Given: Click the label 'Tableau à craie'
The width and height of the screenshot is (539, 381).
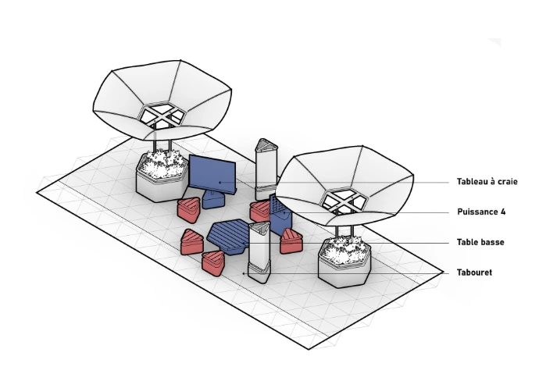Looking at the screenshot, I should point(487,182).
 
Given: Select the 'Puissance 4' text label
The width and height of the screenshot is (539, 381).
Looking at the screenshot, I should point(480,212).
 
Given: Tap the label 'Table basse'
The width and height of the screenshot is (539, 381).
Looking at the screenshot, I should point(480,242).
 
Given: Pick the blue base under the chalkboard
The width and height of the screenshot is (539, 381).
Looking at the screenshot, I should point(212,200).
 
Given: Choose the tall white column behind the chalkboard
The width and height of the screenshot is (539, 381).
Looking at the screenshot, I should point(266,168).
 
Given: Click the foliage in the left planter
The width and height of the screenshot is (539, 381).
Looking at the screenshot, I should point(161,160).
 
